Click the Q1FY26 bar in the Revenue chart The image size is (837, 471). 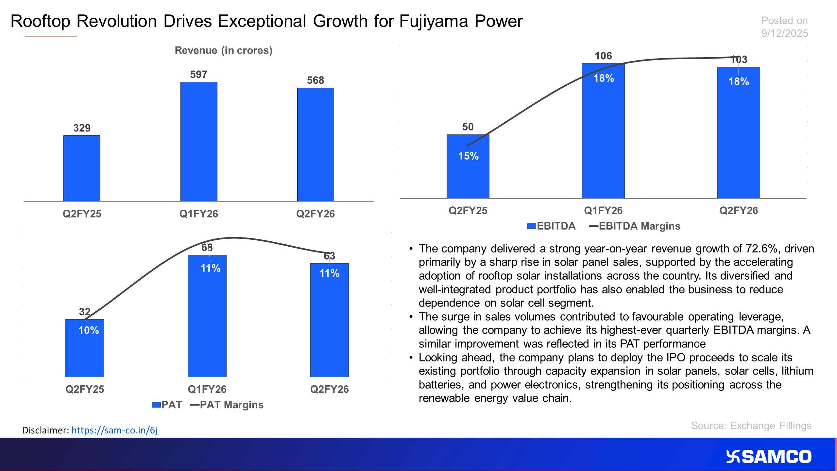click(199, 141)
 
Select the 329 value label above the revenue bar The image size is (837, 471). click(82, 128)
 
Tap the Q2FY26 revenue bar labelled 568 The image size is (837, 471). click(316, 144)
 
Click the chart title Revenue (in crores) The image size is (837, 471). click(224, 50)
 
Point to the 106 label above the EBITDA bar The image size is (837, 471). click(603, 56)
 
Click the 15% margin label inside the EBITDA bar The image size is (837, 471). click(468, 156)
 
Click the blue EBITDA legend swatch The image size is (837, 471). click(532, 226)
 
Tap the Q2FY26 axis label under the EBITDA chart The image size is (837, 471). click(739, 210)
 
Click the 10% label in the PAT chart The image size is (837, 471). click(89, 330)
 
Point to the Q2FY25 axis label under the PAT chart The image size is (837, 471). click(85, 389)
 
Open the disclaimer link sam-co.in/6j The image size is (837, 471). click(114, 430)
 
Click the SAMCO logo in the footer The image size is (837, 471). click(769, 457)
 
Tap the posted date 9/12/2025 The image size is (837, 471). click(784, 33)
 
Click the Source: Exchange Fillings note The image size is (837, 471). click(751, 426)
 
